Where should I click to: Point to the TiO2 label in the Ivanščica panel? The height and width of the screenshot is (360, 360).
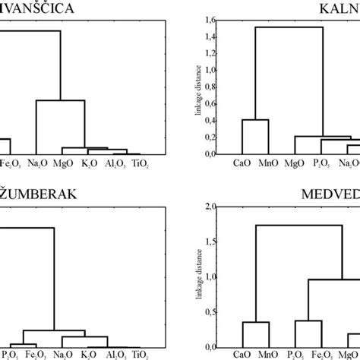(141, 162)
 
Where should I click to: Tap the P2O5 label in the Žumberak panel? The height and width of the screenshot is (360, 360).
(11, 354)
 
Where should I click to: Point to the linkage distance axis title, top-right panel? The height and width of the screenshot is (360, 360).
(198, 103)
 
